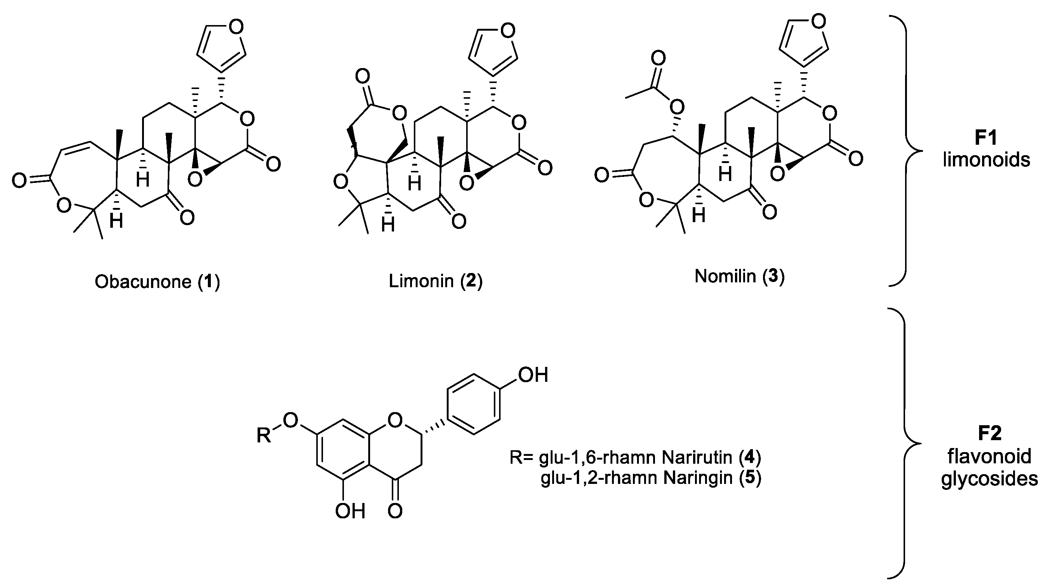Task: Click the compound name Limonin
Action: click(x=421, y=281)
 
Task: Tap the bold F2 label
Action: click(x=990, y=433)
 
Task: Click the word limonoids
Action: click(x=986, y=160)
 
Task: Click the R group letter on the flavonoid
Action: click(x=264, y=436)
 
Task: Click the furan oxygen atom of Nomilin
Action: click(x=818, y=21)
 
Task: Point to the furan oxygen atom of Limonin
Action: click(x=507, y=31)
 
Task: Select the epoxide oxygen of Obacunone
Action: click(x=195, y=179)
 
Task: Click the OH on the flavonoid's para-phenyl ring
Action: click(x=533, y=375)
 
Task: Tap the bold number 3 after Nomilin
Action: click(x=772, y=276)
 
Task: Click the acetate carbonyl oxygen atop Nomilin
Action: click(x=658, y=58)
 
